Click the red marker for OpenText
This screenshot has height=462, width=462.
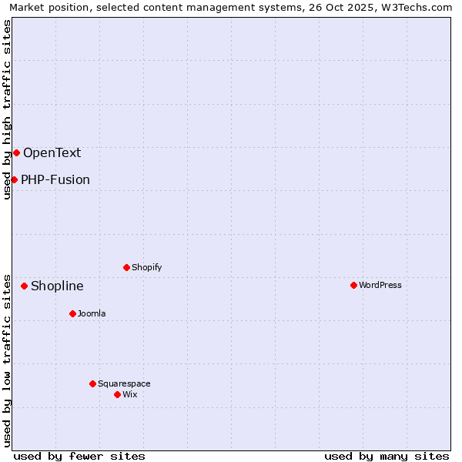click(16, 152)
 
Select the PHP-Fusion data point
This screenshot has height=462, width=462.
click(14, 179)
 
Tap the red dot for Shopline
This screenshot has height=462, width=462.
click(24, 286)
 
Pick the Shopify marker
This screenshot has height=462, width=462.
click(126, 267)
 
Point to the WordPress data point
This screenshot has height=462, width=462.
click(353, 285)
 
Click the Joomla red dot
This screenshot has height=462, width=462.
click(72, 313)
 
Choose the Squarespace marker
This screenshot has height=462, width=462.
click(92, 383)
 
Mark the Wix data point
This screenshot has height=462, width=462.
click(117, 394)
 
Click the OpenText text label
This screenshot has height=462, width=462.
click(52, 152)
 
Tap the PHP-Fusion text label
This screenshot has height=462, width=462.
click(55, 179)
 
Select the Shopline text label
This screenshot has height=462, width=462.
click(57, 286)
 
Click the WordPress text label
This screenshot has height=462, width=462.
click(380, 285)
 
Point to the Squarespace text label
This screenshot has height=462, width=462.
click(124, 383)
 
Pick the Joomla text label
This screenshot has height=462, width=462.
click(92, 313)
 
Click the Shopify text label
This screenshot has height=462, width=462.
click(146, 267)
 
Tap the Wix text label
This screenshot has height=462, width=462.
click(130, 394)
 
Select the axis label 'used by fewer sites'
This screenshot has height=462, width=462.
click(79, 456)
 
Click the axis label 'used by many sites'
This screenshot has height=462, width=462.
click(387, 456)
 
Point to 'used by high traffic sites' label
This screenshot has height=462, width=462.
click(7, 109)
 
